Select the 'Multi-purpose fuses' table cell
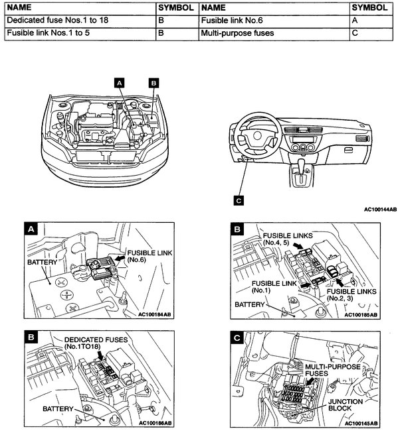pos(237,32)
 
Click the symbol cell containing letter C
pos(356,32)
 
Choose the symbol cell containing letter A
pos(356,21)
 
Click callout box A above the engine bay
pos(120,83)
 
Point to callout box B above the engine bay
pos(153,83)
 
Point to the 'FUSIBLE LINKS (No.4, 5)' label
pos(286,239)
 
